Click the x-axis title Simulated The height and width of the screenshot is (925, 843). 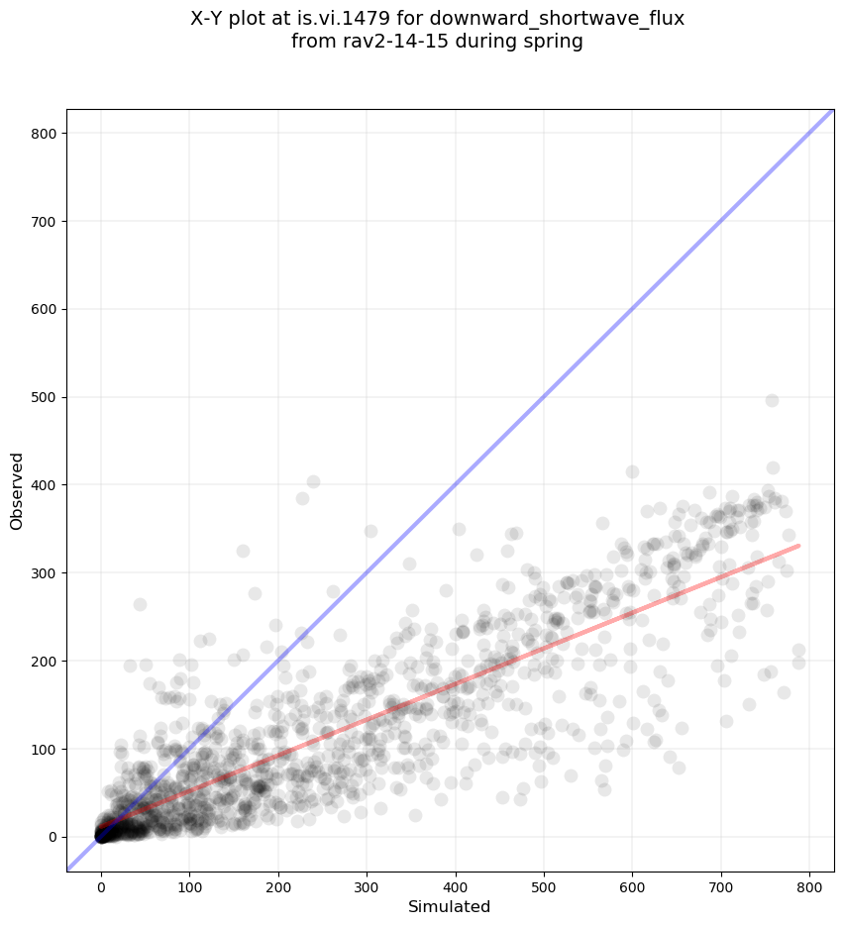click(x=450, y=906)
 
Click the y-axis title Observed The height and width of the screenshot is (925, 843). click(x=17, y=490)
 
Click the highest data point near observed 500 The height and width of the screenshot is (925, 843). click(x=772, y=400)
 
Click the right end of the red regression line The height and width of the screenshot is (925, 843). click(x=798, y=546)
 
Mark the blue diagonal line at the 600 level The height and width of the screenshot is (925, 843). click(x=632, y=309)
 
